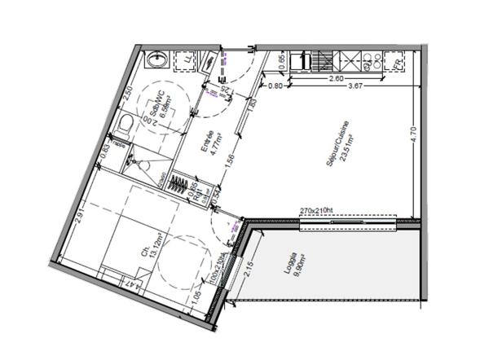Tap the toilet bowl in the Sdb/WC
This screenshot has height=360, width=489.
click(125, 124)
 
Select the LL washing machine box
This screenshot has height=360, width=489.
click(190, 59)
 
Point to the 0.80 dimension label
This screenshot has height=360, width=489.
click(275, 86)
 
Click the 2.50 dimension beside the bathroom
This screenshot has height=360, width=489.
click(129, 92)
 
